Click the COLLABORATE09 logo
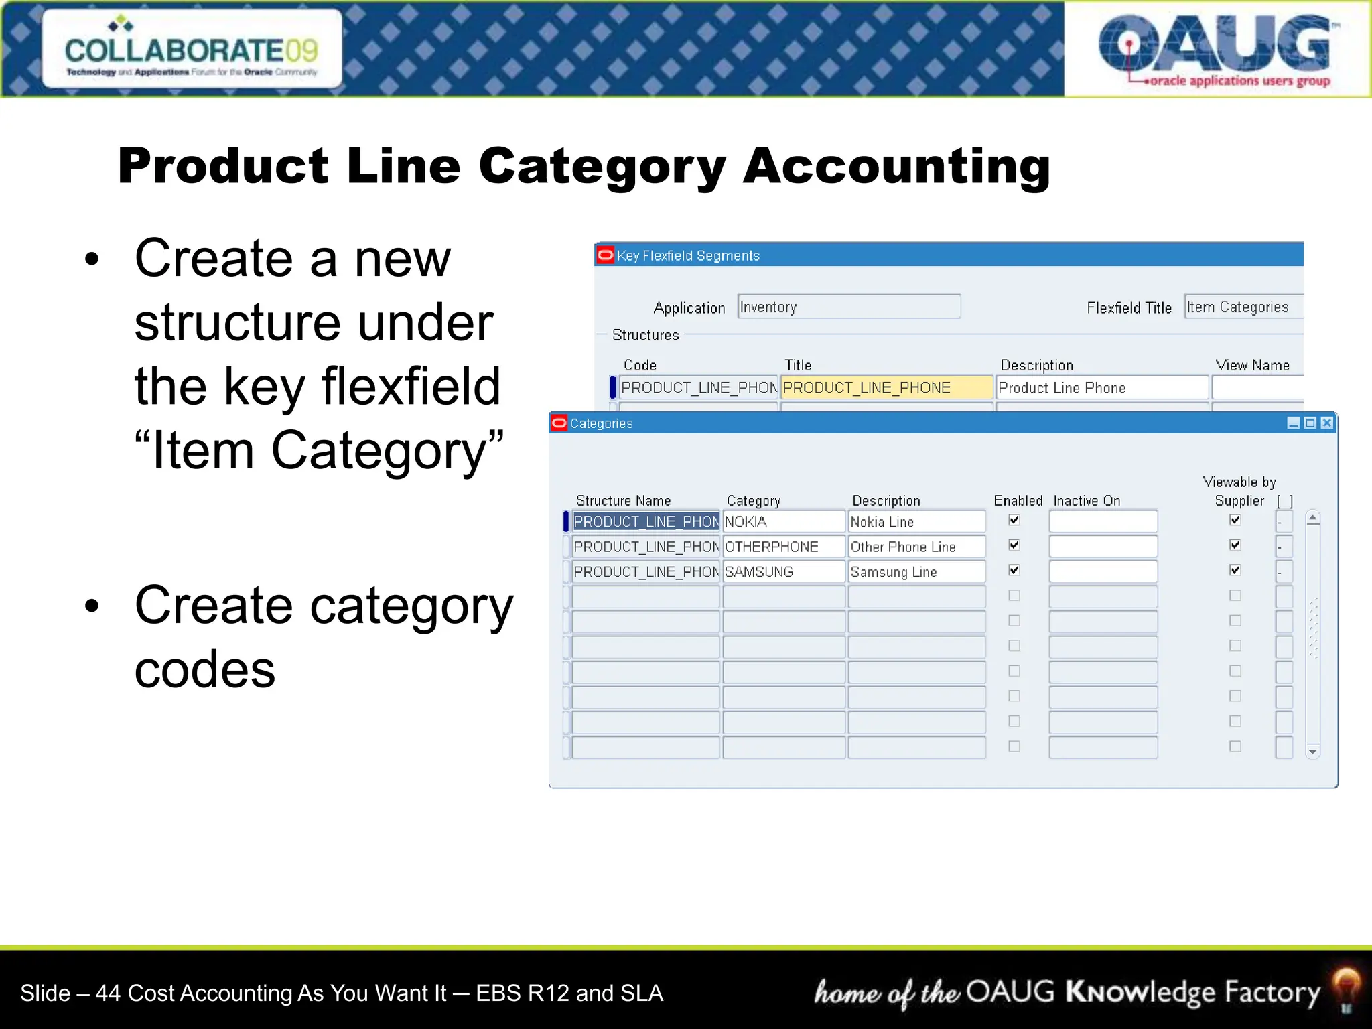[x=192, y=50]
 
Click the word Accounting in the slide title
[x=896, y=166]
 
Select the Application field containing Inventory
[x=848, y=307]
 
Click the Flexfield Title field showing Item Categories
[x=1243, y=307]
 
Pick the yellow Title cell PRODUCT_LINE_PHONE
[x=886, y=388]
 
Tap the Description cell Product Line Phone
[x=1101, y=388]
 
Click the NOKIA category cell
[x=783, y=522]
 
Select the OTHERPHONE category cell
[x=783, y=547]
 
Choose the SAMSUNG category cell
[x=783, y=572]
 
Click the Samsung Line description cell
[x=916, y=572]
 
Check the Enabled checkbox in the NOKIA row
[x=1014, y=520]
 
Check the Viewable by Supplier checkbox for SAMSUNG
[x=1235, y=570]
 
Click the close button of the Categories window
[x=1327, y=423]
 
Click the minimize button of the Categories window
[x=1294, y=423]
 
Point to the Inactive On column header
[x=1087, y=500]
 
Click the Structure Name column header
[x=623, y=500]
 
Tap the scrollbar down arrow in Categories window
[x=1313, y=752]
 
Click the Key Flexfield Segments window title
[x=688, y=255]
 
